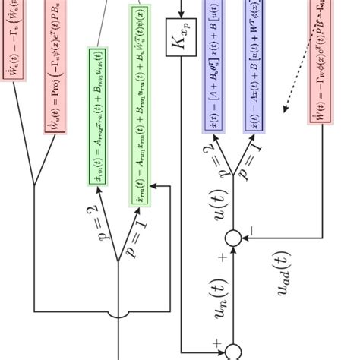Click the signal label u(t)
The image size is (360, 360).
(x=219, y=205)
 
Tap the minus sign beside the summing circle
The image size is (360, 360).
(x=251, y=227)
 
